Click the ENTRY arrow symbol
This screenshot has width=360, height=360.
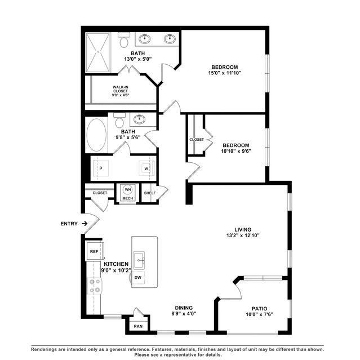coord(85,224)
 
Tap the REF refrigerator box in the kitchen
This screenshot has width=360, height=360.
coord(94,251)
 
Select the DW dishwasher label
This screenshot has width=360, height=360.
coord(138,278)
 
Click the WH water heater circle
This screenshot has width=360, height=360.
coord(128,190)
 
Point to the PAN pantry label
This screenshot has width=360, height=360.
coord(138,326)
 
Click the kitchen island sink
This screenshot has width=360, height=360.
coord(139,260)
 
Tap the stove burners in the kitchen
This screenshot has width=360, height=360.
coord(95,286)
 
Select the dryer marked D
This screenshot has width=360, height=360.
coord(100,168)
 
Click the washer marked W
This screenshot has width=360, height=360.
coord(146,168)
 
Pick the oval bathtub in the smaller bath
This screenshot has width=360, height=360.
coord(96,135)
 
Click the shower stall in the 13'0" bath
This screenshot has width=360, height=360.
coord(98,52)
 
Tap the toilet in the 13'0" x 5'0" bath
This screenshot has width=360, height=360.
coord(124,40)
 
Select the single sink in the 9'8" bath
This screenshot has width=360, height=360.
coord(139,119)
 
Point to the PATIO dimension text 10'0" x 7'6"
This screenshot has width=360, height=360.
coord(260,314)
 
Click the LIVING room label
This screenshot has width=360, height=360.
coord(243,229)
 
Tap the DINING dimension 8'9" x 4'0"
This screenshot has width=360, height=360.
coord(184,314)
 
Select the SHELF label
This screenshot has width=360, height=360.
coord(150,193)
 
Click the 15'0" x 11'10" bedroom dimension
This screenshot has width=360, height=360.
coord(225,73)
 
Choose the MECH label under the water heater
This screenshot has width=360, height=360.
coord(128,198)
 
